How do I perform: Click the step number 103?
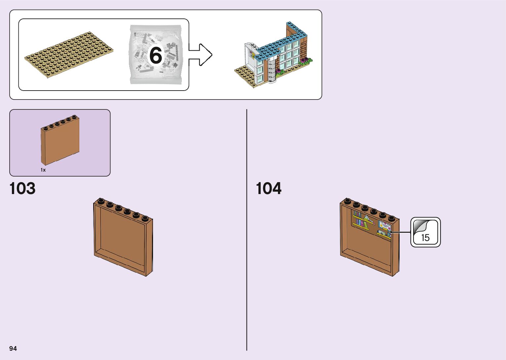[x=22, y=188]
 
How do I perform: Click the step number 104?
[x=269, y=188]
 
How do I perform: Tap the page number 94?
[x=13, y=348]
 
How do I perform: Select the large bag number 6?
[x=156, y=55]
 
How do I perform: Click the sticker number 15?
[x=425, y=237]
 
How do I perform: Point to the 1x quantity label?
[x=43, y=170]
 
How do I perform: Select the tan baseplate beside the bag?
[x=69, y=55]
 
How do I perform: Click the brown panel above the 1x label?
[x=60, y=141]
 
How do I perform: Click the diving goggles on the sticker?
[x=381, y=233]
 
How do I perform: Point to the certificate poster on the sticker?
[x=384, y=226]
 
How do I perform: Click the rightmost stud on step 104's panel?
[x=392, y=218]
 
